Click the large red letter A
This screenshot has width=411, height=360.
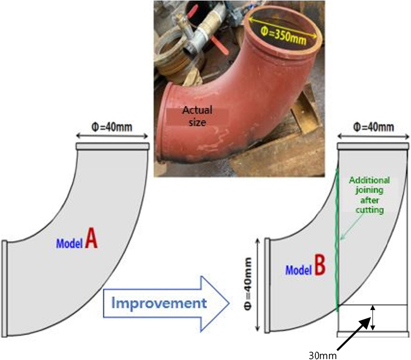point(91,238)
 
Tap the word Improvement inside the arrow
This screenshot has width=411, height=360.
point(159,303)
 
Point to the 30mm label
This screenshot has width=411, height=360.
point(323,356)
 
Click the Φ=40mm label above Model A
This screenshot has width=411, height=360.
point(112,127)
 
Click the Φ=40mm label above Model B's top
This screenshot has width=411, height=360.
point(373,127)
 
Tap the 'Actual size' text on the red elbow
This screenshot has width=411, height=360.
point(197,116)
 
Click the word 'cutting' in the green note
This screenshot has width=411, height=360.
point(370,210)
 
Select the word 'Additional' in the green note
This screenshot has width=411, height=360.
point(369,180)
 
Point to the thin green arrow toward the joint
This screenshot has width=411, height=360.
point(352,226)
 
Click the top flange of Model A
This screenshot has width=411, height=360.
point(113,146)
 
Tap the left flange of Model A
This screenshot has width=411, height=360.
point(4,288)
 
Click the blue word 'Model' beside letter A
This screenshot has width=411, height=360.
point(69,243)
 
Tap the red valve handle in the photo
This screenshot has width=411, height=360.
point(220,45)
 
